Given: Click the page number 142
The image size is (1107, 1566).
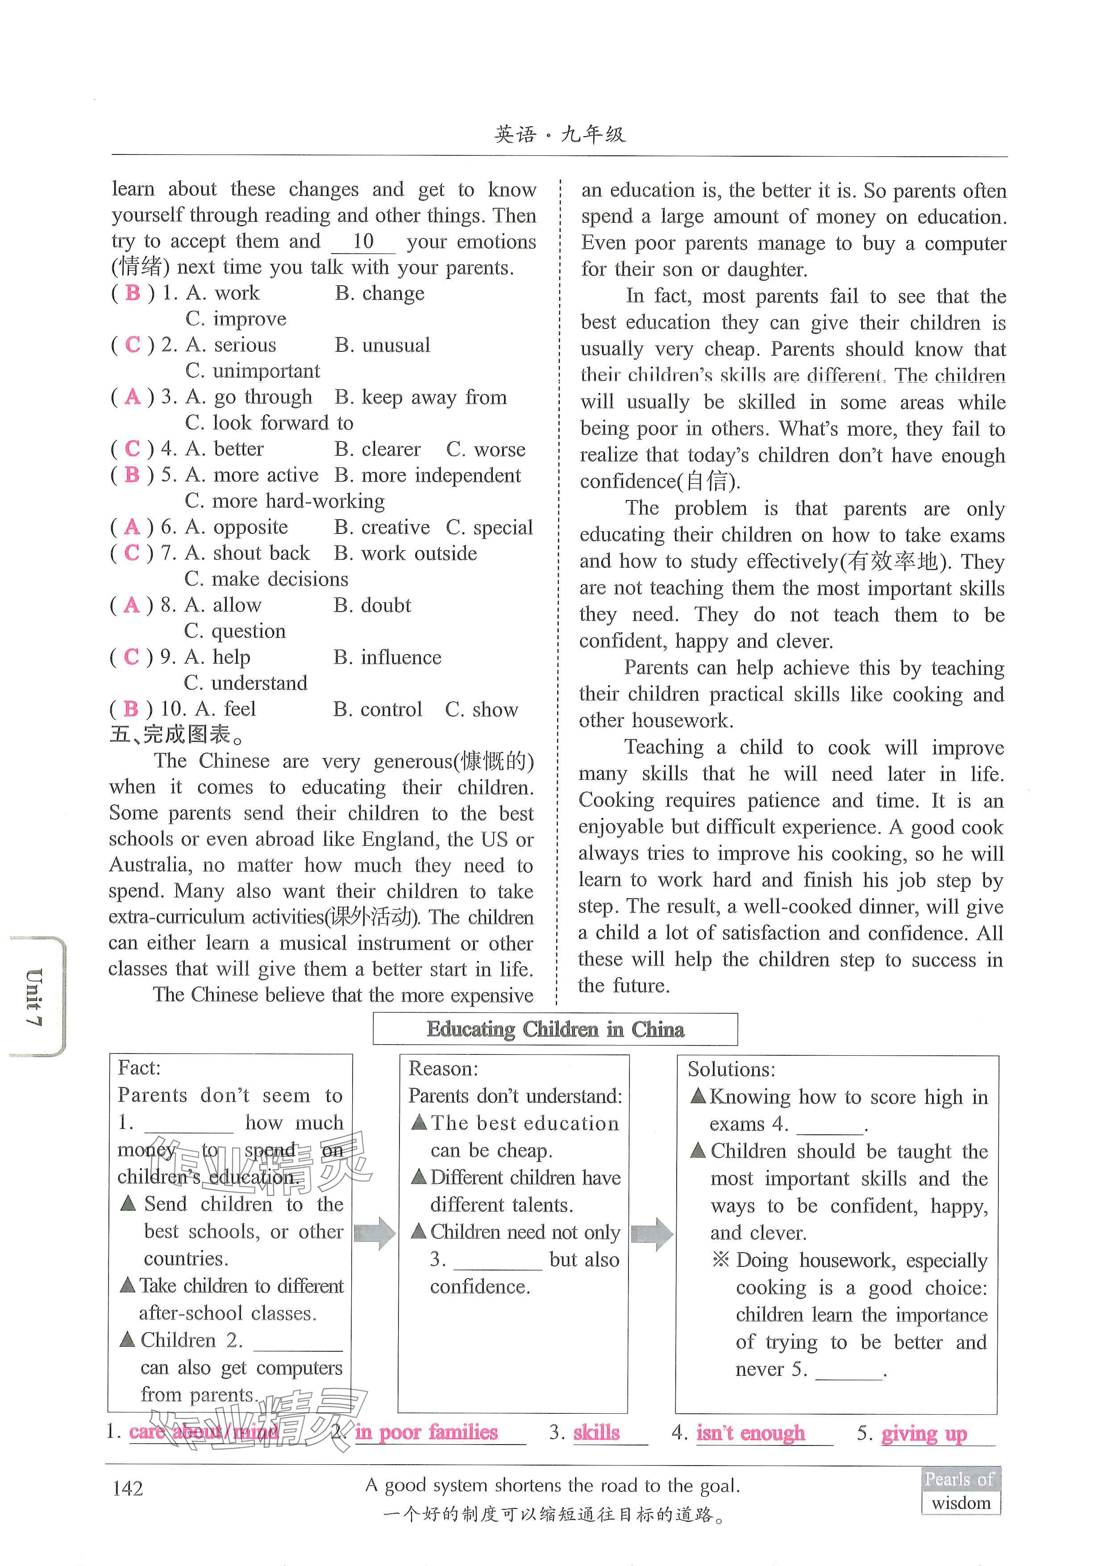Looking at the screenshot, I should pos(128,1488).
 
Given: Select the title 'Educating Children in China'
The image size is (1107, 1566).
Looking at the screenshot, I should pos(555,1029).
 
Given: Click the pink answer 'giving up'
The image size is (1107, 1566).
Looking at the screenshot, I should pos(924,1433).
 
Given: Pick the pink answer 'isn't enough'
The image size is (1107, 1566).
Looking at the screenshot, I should pos(750,1433).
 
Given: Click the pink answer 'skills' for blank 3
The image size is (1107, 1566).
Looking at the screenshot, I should pos(597,1433).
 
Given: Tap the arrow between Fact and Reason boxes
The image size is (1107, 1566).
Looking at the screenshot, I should pos(375,1233).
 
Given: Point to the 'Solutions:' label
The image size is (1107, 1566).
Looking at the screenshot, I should pos(731,1070).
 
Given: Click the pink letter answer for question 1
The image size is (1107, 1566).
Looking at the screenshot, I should pos(133,293).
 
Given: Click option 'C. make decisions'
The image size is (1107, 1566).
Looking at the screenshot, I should pos(266,579).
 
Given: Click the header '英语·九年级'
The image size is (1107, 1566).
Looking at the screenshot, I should pos(559,134).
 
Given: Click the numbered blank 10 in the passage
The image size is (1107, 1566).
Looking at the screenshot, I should pos(363,242).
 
